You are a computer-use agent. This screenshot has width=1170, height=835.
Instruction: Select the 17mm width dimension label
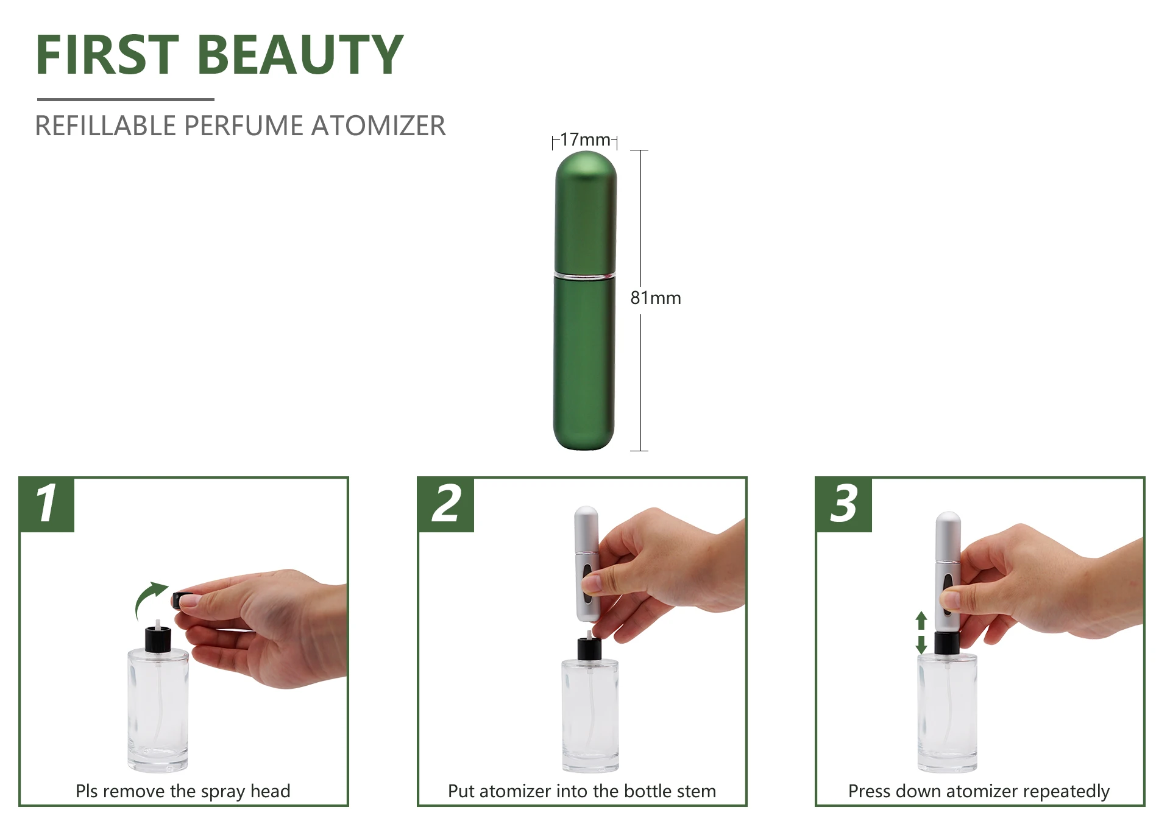coord(584,140)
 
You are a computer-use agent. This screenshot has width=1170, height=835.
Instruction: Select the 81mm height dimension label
coord(655,298)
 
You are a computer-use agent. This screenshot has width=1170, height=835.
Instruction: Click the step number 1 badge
coord(47,504)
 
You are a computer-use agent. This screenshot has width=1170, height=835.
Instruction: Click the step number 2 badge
coord(445,504)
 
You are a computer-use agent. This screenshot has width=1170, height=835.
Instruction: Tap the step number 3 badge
coord(843,504)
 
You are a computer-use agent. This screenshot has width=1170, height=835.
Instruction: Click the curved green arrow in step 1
coord(148,600)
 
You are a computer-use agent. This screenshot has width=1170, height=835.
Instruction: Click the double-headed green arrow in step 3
coord(921,633)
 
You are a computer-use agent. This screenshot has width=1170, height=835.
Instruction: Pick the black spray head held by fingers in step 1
coord(178,600)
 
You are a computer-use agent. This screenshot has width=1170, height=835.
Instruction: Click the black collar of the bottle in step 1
coord(158,639)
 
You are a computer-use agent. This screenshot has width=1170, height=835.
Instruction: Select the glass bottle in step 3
coord(947,713)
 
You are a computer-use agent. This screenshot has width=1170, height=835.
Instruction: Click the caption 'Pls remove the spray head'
coord(183,791)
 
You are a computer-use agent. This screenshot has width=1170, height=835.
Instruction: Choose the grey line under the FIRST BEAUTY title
coord(126,99)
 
